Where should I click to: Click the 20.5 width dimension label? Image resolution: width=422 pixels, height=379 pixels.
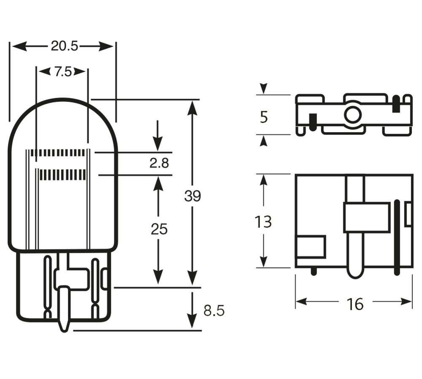coord(64,46)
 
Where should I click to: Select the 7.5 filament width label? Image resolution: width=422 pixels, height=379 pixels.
coord(62,72)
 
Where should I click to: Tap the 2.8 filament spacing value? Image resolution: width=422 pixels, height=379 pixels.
coord(159,163)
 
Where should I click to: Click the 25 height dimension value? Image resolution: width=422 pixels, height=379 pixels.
coord(159,229)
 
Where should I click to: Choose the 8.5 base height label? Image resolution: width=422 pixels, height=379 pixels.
coord(214,311)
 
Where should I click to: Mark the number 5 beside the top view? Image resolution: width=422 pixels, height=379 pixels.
coord(264,117)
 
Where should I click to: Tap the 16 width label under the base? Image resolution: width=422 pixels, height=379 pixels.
coord(355,303)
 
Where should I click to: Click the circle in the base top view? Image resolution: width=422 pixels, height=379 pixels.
coord(352,114)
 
